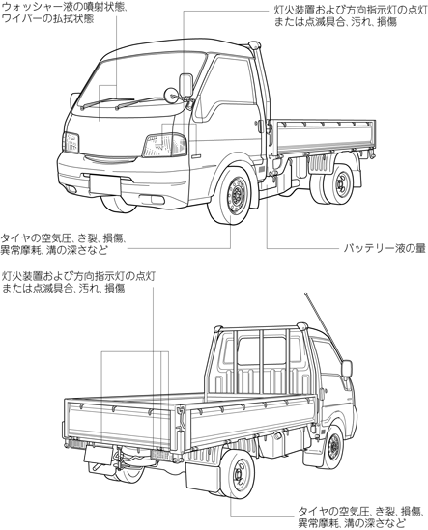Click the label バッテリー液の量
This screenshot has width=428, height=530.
385,249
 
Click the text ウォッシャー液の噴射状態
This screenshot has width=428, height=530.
65,7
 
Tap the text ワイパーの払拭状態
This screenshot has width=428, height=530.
47,19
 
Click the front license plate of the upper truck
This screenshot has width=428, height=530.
105,184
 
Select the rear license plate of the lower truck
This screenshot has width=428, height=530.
98,454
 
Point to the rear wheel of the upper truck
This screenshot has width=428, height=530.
339,183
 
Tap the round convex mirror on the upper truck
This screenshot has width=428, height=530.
171,95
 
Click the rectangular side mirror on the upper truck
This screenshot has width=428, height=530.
185,85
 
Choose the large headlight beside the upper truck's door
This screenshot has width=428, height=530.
165,146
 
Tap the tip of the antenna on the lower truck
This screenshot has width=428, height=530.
305,293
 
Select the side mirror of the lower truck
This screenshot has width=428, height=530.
347,369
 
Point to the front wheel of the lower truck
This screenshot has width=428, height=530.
333,447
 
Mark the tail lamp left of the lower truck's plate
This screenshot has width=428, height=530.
76,443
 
